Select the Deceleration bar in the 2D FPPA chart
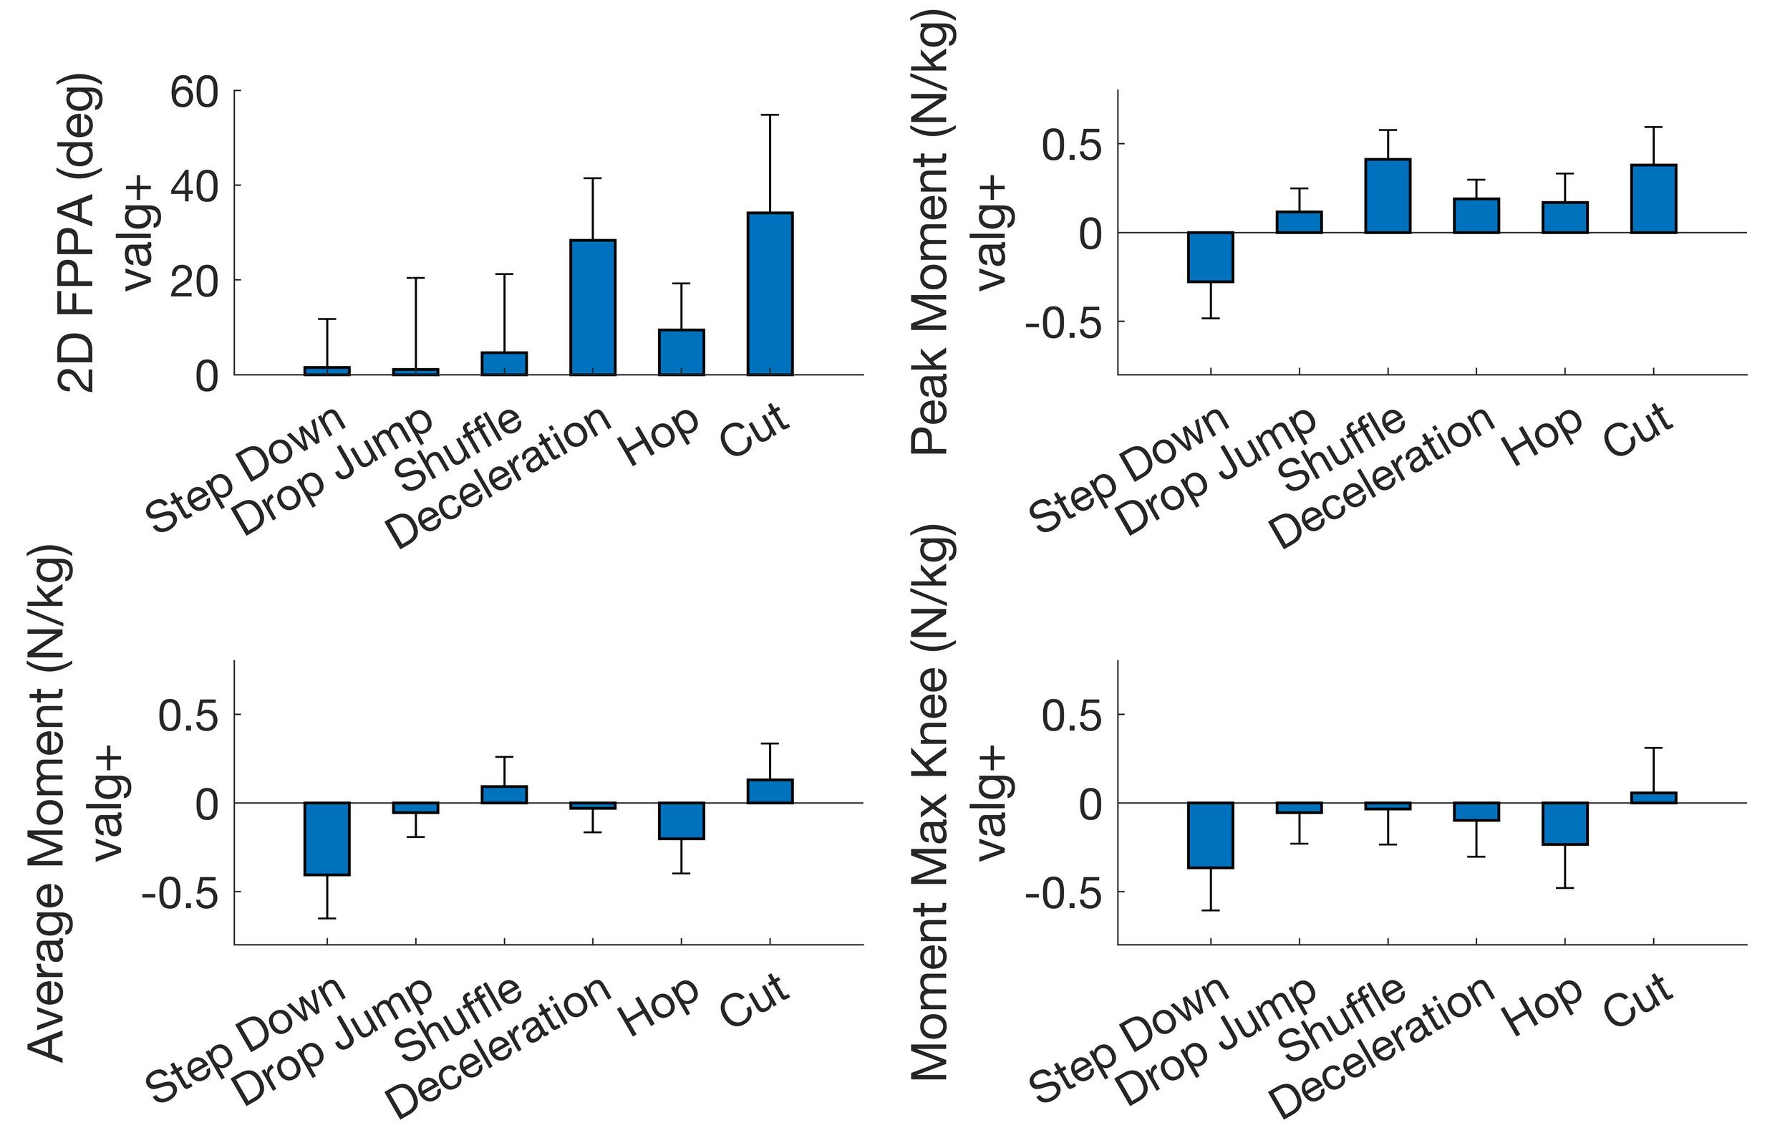(592, 307)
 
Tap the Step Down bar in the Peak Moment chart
(1211, 257)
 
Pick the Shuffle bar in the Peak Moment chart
(1388, 196)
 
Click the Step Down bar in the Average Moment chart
(327, 839)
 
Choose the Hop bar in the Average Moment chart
(682, 821)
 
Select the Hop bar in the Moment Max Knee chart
(1565, 824)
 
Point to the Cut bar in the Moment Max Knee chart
(1654, 798)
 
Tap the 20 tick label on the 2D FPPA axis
(194, 283)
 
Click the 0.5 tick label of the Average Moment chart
(189, 716)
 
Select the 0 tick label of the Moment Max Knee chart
(1090, 806)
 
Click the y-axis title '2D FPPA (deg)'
(77, 232)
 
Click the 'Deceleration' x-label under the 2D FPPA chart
(500, 478)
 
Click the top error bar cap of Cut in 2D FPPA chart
(770, 115)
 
